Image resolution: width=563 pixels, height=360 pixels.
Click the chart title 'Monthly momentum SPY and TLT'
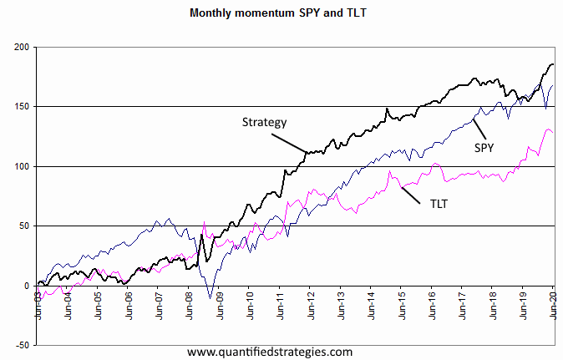281,13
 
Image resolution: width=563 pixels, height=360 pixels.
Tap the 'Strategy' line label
264,122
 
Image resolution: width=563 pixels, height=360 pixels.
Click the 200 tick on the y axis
20,47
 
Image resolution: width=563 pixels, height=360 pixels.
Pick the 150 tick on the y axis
20,107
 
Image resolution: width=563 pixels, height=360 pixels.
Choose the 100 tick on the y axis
20,166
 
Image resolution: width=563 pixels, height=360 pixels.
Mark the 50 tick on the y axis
23,226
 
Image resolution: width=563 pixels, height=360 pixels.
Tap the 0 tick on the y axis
26,286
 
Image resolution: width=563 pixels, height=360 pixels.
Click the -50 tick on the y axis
21,345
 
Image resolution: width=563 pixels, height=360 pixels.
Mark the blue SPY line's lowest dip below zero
211,297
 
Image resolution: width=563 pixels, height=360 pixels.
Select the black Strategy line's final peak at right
551,64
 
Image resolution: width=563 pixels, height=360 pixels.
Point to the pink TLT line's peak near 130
547,129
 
